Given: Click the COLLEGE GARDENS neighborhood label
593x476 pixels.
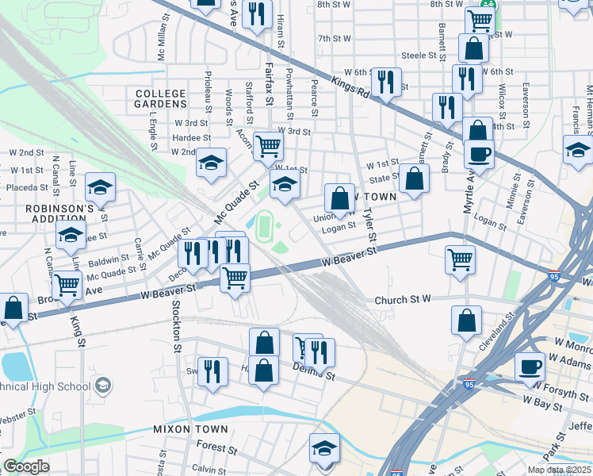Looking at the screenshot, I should coord(160,99).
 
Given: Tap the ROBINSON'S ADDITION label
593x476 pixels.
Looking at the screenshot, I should coord(60,215).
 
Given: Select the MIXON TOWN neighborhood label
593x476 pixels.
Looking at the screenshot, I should coord(190,429).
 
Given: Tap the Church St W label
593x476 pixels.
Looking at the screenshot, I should coord(402,300).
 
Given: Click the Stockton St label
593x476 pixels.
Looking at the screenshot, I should coord(177,325).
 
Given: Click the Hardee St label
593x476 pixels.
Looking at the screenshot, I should coord(189,137).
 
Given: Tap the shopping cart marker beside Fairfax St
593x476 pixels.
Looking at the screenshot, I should coord(269,145).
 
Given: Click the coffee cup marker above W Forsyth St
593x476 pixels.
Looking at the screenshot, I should coord(530,366).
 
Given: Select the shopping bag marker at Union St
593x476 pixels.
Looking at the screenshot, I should coord(339,198).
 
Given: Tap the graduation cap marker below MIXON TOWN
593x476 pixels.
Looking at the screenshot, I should coord(323,447).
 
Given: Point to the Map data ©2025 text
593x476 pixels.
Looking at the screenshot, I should coord(557,470).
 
